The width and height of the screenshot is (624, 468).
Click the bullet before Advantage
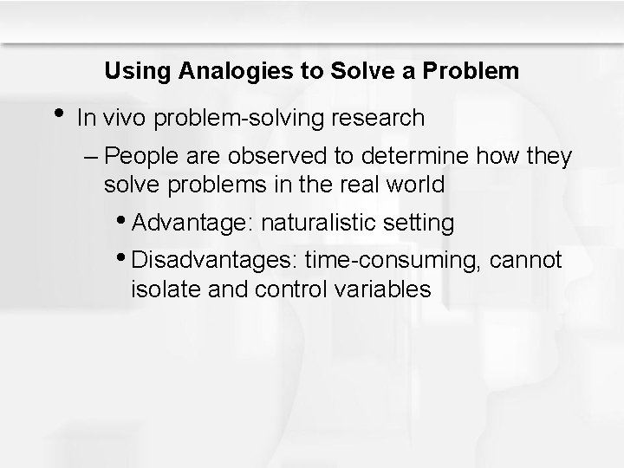click(x=126, y=222)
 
